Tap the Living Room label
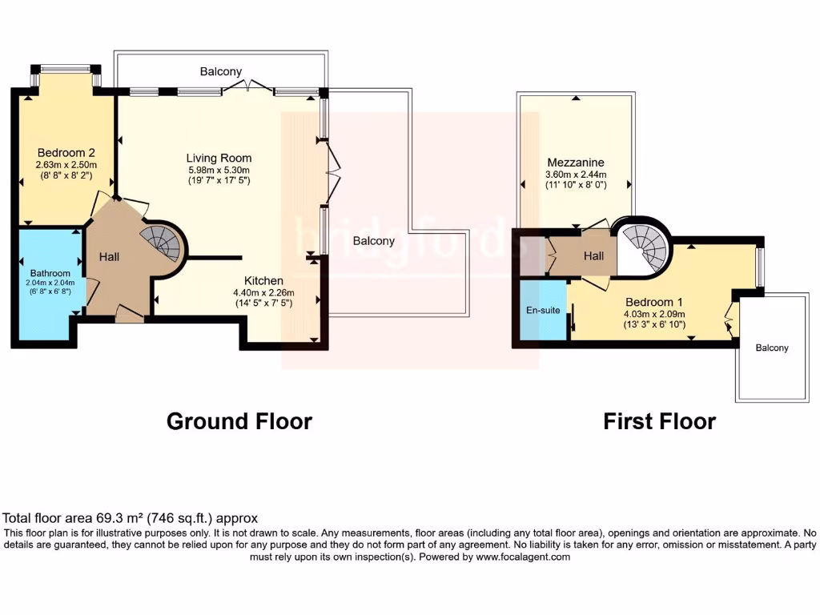(x=219, y=158)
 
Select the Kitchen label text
(x=263, y=280)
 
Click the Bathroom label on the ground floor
(x=50, y=273)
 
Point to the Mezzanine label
(x=575, y=162)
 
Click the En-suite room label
(x=542, y=310)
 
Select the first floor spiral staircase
(x=645, y=245)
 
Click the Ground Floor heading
(x=239, y=421)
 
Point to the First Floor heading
(x=659, y=421)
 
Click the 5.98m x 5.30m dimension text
(x=219, y=170)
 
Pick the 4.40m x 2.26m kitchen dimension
(x=263, y=292)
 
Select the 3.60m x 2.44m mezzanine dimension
(x=575, y=174)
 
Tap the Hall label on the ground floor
(x=110, y=257)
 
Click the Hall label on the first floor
(x=593, y=255)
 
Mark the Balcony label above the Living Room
(x=220, y=71)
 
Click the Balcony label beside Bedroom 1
(x=772, y=348)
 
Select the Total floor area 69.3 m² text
(x=131, y=519)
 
